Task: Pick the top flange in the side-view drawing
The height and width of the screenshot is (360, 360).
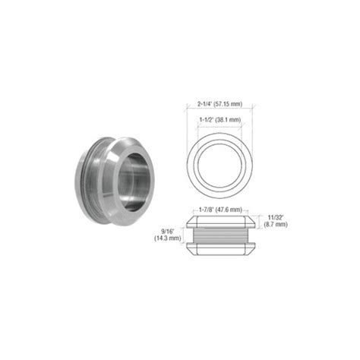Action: tap(219, 220)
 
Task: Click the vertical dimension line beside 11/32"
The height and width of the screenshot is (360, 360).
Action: tap(261, 221)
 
